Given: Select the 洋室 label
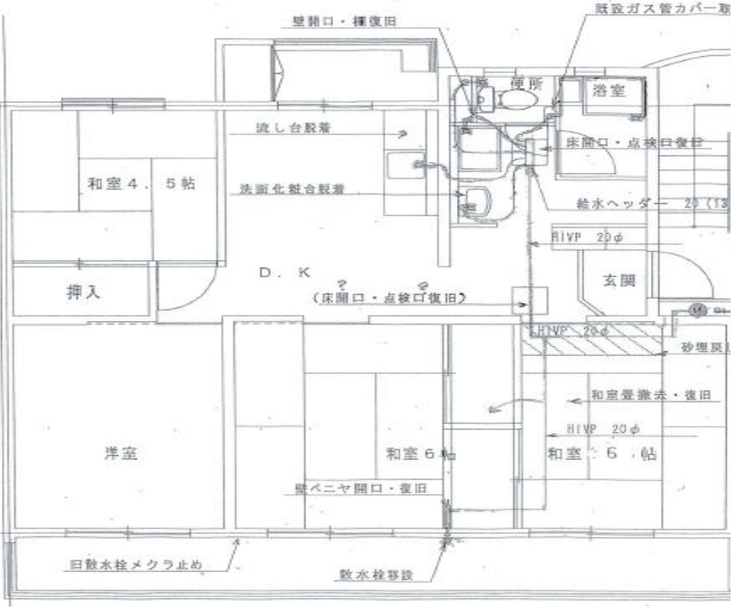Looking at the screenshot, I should [121, 454].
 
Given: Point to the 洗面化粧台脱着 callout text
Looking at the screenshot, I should [292, 189].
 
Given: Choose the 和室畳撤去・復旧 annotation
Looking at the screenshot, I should [651, 394].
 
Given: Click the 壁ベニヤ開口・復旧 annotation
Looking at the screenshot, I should [355, 490].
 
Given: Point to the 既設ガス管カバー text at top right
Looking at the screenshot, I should [660, 8].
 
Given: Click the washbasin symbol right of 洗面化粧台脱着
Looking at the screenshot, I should [476, 199].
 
